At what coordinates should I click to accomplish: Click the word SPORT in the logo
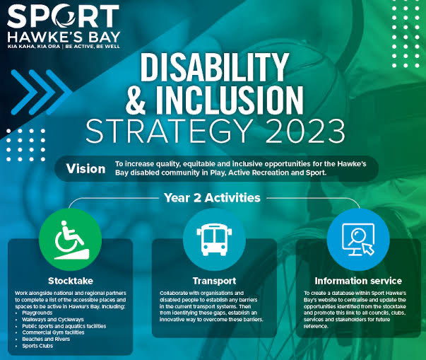[x=64, y=16]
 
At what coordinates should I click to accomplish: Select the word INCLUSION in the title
[x=230, y=100]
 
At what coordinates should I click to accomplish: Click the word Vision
[x=86, y=169]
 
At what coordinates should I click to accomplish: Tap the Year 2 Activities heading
[x=212, y=197]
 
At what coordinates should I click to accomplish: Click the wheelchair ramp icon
[x=71, y=240]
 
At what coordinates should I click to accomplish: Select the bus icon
[x=214, y=240]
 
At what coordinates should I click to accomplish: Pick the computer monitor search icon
[x=358, y=240]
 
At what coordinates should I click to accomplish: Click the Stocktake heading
[x=71, y=281]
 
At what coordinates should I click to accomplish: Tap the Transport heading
[x=214, y=281]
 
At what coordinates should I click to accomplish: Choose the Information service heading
[x=358, y=281]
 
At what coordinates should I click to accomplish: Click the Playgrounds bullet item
[x=37, y=313]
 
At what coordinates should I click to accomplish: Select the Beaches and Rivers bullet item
[x=46, y=339]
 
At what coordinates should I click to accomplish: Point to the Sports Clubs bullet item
[x=37, y=346]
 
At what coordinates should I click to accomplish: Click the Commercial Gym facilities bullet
[x=53, y=332]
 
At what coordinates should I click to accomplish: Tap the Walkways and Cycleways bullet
[x=53, y=320]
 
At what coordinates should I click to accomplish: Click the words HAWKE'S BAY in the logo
[x=64, y=37]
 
